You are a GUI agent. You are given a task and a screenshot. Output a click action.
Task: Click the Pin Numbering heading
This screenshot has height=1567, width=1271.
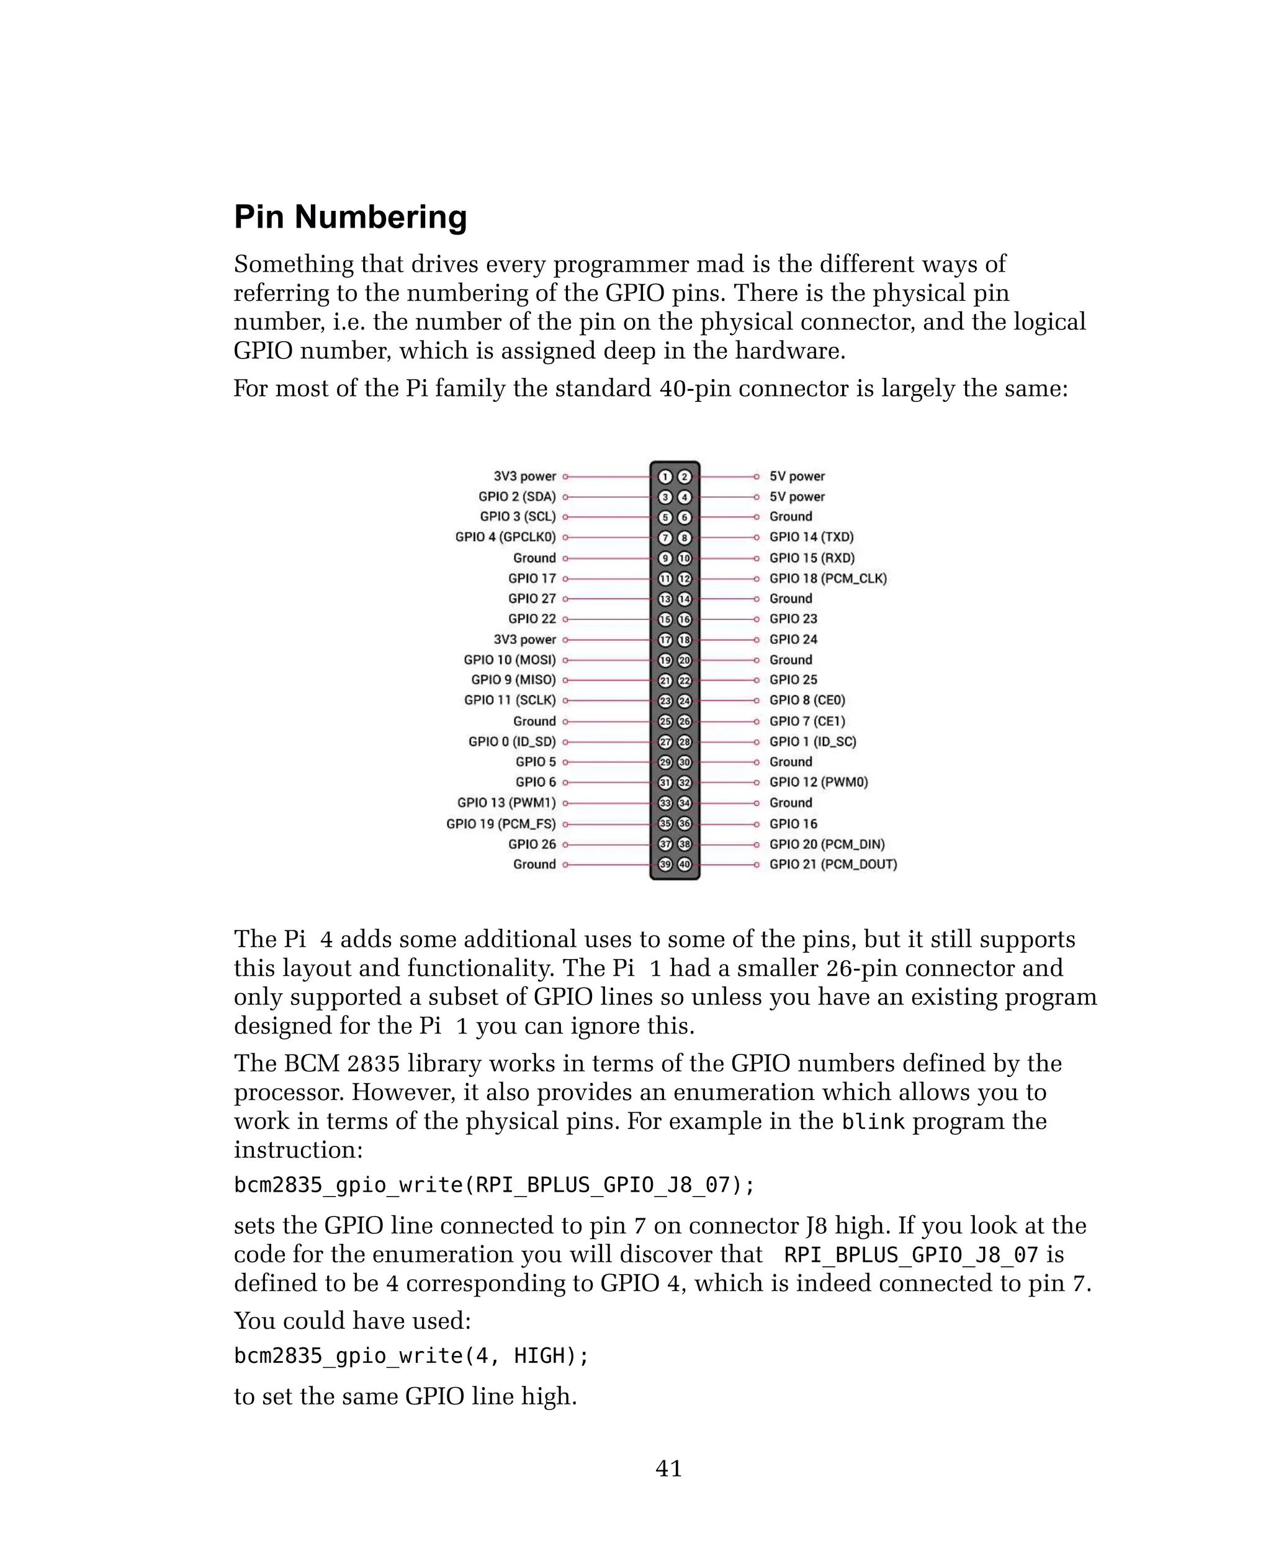(x=350, y=217)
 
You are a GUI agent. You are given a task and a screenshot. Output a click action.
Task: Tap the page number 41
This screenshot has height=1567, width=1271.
(x=668, y=1468)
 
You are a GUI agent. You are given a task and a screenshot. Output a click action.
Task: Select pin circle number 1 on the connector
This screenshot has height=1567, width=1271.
(x=665, y=476)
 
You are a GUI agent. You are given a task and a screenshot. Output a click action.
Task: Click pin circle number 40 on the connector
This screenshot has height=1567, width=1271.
(x=685, y=864)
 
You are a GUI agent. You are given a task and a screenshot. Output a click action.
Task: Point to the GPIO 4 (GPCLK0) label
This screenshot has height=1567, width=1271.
(x=505, y=537)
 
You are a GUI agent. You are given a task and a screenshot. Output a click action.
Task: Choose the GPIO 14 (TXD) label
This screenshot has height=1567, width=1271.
(x=811, y=537)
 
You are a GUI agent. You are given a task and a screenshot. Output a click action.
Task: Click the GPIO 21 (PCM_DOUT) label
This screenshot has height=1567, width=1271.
(x=832, y=864)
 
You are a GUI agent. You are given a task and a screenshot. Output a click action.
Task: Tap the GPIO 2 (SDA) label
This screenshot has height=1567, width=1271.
(x=517, y=497)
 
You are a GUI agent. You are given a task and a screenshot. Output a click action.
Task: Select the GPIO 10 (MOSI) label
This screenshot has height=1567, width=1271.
(x=510, y=660)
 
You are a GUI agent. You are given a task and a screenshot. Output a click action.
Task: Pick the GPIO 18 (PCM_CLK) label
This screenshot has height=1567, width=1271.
(x=827, y=578)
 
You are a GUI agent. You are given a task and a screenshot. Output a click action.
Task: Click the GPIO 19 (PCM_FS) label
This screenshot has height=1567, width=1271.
(x=501, y=824)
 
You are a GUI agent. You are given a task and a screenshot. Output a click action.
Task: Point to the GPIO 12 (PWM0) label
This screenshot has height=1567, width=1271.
(x=818, y=782)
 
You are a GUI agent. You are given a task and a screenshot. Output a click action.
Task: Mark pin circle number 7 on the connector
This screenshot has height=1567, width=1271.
(x=665, y=538)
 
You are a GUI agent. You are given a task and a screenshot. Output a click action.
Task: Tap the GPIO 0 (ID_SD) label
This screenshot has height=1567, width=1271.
(x=512, y=742)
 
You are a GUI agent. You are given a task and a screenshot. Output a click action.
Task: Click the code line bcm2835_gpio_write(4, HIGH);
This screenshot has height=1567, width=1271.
(x=411, y=1356)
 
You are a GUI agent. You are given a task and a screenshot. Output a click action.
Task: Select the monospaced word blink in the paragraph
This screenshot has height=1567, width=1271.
(x=873, y=1121)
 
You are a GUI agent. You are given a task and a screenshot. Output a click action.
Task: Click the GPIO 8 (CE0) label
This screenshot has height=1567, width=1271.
(x=807, y=700)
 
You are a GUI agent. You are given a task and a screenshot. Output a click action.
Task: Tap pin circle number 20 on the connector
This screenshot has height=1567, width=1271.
(x=685, y=660)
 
